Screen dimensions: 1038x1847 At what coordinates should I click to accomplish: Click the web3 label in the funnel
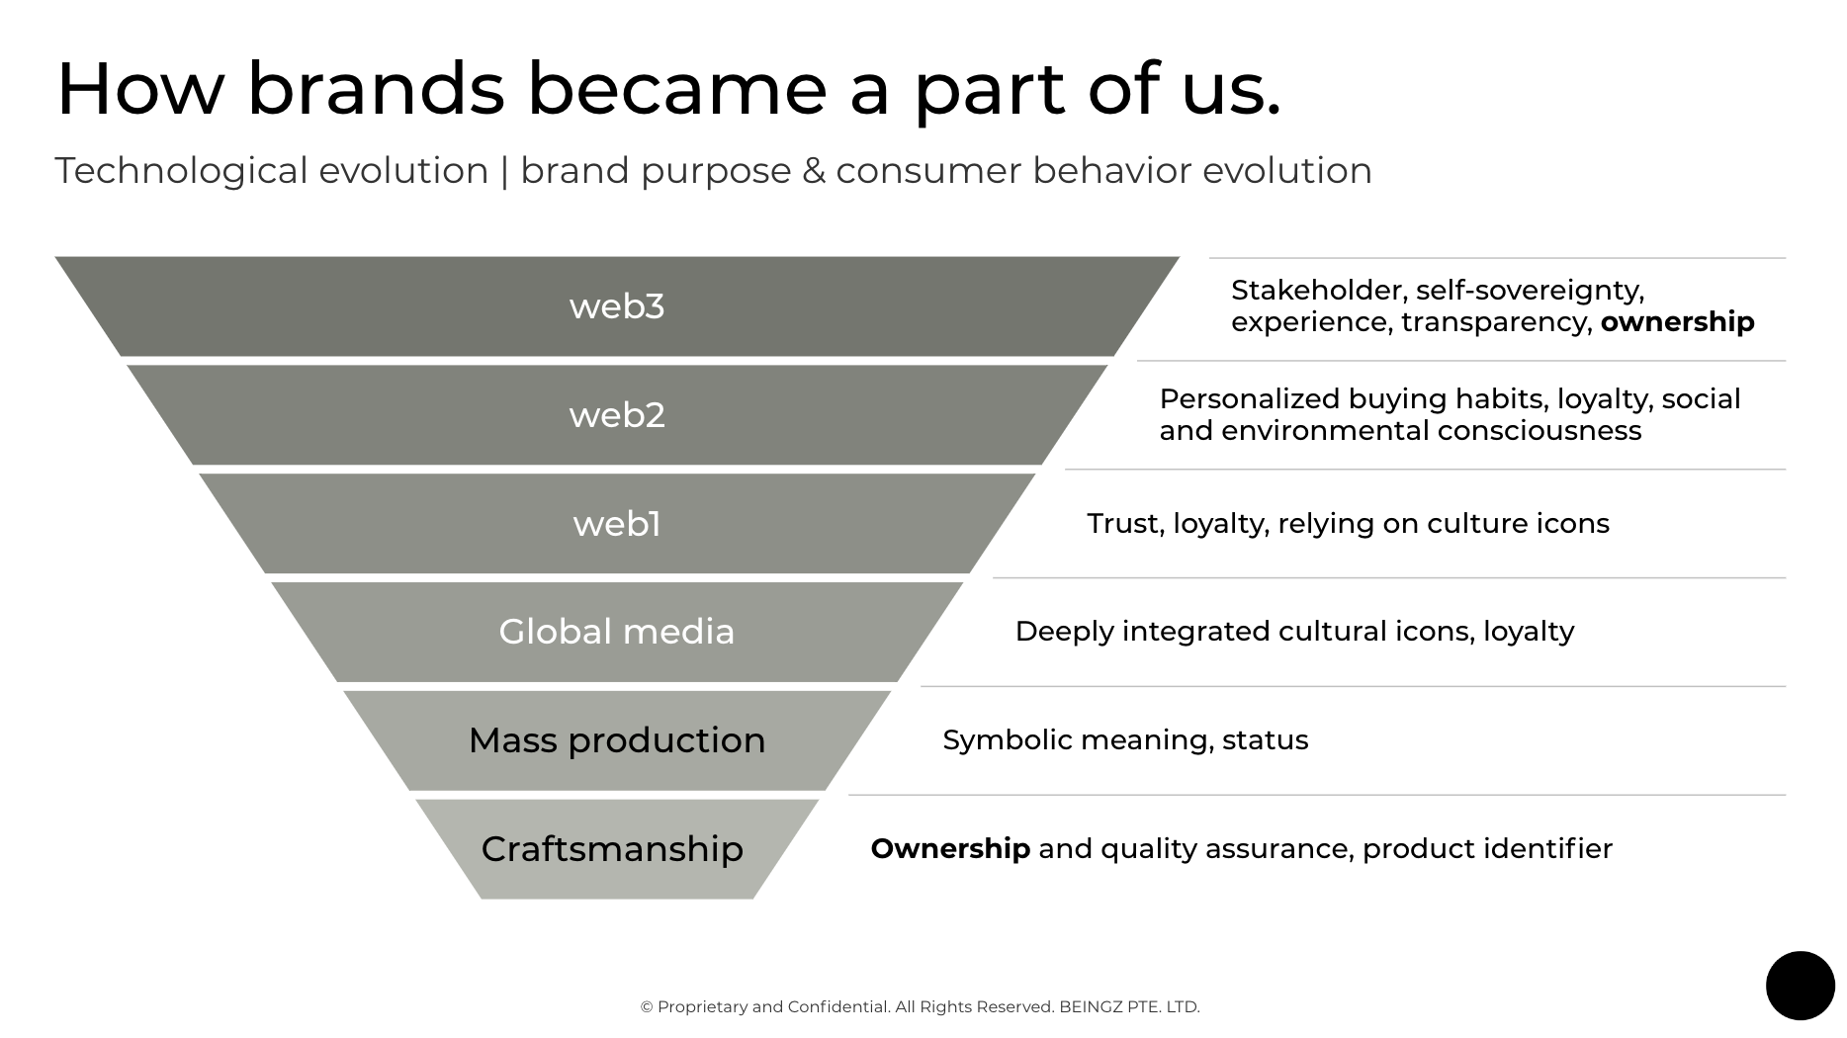(x=616, y=306)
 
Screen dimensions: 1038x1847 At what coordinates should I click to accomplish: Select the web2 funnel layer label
(x=616, y=415)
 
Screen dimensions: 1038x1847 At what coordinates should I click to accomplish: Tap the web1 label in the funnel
(x=616, y=524)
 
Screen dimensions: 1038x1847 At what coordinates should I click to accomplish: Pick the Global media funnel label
(x=616, y=632)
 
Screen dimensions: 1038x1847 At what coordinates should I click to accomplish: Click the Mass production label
(x=616, y=740)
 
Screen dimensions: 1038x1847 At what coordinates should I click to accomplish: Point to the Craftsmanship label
(x=612, y=849)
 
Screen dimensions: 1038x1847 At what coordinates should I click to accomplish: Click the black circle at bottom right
(x=1800, y=986)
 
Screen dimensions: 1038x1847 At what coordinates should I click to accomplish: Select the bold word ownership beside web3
(x=1677, y=322)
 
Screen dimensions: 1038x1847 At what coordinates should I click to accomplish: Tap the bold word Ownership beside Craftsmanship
(x=949, y=849)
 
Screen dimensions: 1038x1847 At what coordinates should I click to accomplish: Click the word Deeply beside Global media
(x=1064, y=632)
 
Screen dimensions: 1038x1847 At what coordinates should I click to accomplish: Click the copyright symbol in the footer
(x=647, y=1007)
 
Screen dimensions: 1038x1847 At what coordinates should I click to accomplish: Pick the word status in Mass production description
(x=1265, y=740)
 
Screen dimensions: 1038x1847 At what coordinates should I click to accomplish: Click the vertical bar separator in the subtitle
(x=504, y=171)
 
